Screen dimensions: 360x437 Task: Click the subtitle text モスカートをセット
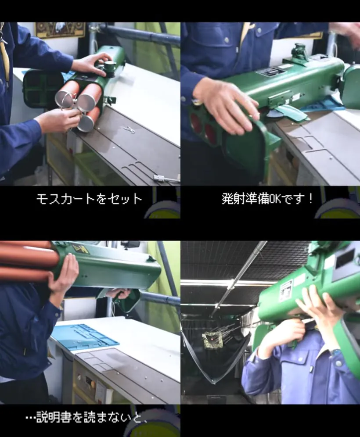coord(89,199)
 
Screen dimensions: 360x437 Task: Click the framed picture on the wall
coord(60,29)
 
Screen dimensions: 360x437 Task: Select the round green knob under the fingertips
coord(109,67)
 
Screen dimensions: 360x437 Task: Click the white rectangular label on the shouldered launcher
coord(285,291)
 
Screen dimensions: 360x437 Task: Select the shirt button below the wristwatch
coord(338,363)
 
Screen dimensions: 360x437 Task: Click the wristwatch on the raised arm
coord(335,352)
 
